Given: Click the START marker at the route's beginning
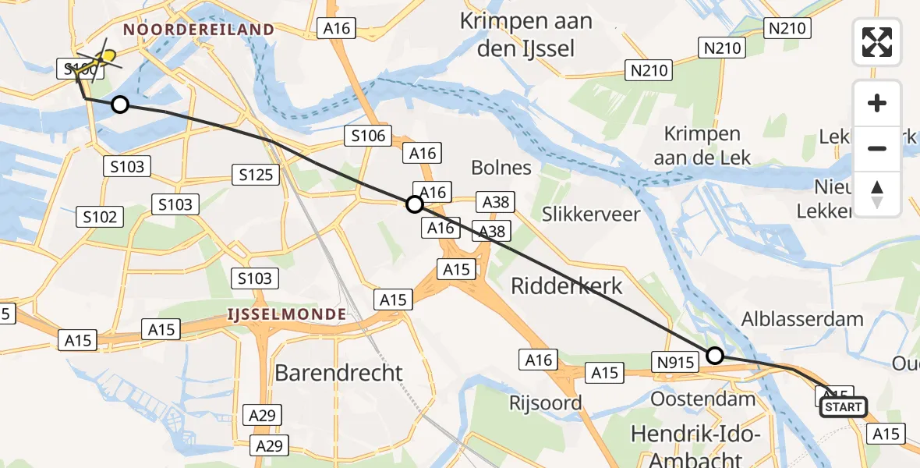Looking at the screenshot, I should [843, 407].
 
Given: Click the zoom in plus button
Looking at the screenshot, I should [877, 103].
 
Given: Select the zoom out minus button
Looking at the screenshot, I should [877, 148].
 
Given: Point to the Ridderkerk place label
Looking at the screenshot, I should [567, 285].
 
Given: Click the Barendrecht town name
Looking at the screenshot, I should [338, 373].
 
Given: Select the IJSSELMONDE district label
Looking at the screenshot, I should [286, 314].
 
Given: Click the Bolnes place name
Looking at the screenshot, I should [501, 168].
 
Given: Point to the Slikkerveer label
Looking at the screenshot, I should [591, 214].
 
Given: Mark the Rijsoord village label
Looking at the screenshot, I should [546, 402].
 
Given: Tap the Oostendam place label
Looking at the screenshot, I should [704, 399].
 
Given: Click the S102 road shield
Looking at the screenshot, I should [101, 217].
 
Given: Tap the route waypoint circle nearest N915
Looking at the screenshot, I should [715, 356].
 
